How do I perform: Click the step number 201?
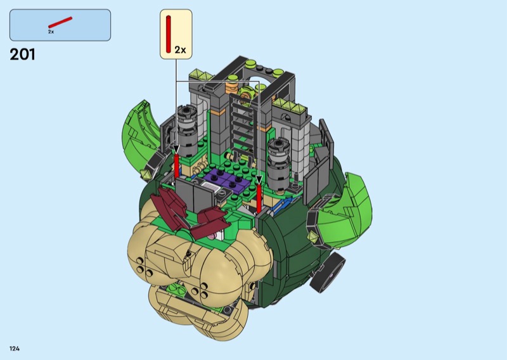(22, 55)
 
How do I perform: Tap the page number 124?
(15, 349)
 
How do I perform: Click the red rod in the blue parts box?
(60, 22)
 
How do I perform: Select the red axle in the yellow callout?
(168, 34)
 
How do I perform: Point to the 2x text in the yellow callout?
(181, 50)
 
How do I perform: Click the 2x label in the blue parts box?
(51, 32)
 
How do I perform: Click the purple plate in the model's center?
(226, 181)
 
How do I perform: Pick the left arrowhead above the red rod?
(176, 149)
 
